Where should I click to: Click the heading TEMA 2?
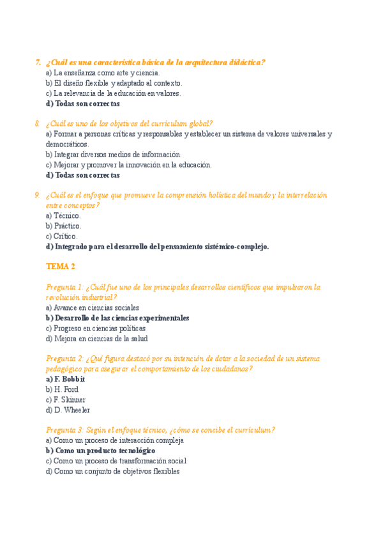click(61, 267)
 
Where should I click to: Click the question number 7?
click(38, 62)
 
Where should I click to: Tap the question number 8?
click(38, 123)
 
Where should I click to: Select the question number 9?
click(38, 195)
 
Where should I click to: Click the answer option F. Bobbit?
click(66, 379)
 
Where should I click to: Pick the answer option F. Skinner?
click(65, 399)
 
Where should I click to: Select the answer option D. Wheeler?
click(68, 410)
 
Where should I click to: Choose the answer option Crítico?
click(62, 236)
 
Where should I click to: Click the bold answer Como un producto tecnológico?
click(101, 451)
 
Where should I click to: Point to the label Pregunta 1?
click(64, 287)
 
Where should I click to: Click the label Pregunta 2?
click(64, 359)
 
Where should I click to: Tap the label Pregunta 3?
click(64, 430)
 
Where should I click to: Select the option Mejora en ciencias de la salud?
click(96, 338)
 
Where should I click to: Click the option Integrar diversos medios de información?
click(114, 154)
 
